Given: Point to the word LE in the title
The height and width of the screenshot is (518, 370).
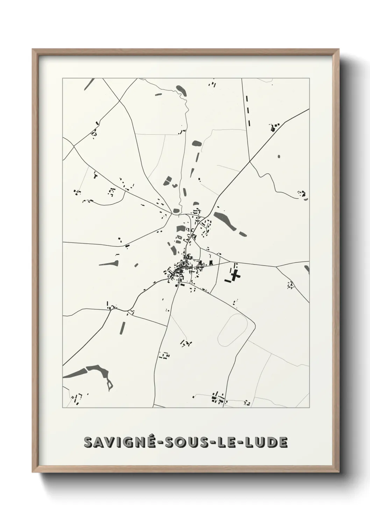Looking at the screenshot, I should (x=225, y=442).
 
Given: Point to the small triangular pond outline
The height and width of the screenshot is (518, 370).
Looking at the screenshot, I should (x=110, y=385).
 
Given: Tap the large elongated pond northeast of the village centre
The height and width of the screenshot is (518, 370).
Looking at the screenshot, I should (x=224, y=221).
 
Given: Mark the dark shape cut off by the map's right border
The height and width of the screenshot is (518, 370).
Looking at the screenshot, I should (x=307, y=269).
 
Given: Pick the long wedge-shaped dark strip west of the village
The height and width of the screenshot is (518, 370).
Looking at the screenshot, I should (x=108, y=263).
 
